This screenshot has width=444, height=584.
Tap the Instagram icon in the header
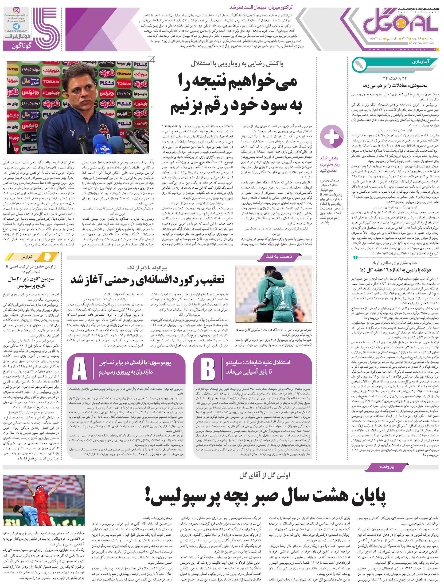[x=16, y=11]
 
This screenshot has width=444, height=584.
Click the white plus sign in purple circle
[x=332, y=137]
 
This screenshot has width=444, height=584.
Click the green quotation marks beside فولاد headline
[x=356, y=257]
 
